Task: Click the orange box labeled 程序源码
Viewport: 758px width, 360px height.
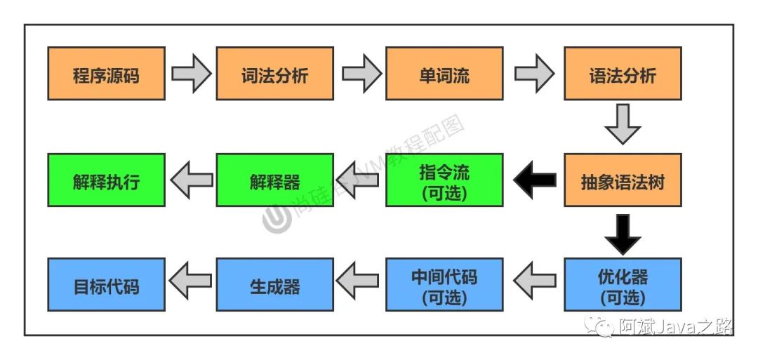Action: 106,74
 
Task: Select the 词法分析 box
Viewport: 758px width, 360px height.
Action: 274,74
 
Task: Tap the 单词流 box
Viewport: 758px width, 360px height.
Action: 444,74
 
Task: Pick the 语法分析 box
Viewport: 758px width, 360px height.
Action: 623,74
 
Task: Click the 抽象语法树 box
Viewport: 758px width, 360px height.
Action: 623,180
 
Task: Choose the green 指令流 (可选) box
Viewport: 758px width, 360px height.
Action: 444,180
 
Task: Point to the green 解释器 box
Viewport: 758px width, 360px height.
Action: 274,180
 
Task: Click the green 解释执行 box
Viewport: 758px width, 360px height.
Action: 106,180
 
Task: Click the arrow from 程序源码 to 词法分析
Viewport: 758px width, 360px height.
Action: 191,74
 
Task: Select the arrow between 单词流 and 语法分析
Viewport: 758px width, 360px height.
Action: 534,74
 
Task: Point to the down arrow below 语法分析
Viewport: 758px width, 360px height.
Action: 623,124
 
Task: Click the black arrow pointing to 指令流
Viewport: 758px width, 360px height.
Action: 533,180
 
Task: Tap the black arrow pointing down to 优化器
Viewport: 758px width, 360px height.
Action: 623,234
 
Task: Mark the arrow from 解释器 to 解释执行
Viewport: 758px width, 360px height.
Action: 191,180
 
